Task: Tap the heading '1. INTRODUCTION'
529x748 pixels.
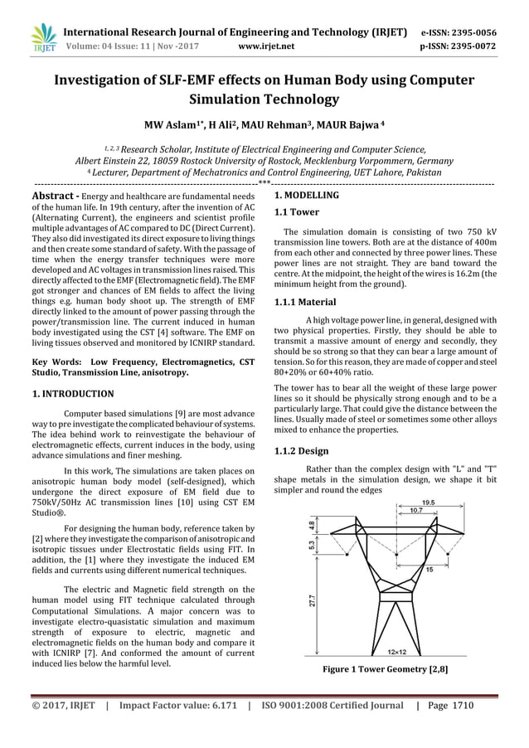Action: click(72, 393)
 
